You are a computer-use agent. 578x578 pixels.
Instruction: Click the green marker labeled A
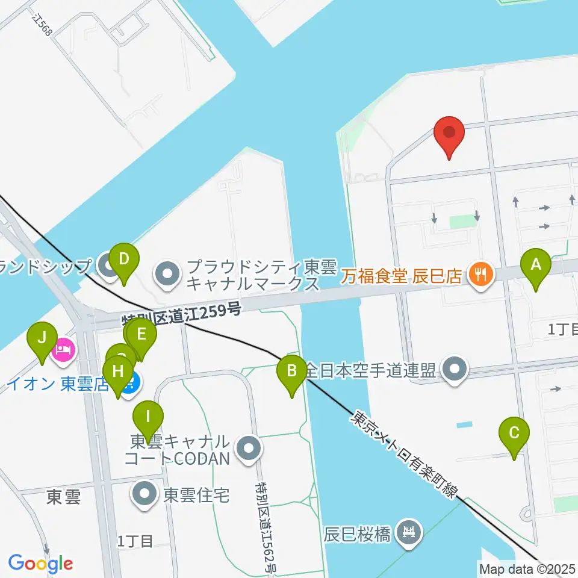[x=536, y=264]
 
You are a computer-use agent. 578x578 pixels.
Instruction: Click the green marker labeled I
[x=148, y=416]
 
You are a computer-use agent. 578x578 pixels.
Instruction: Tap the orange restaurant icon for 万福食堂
[x=480, y=275]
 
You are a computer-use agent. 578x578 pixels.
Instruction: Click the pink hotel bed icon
[x=63, y=349]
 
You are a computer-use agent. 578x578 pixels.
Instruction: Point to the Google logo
[x=40, y=564]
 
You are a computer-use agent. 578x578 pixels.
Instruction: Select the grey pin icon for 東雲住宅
[x=145, y=495]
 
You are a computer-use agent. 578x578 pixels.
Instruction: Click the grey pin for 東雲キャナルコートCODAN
[x=248, y=448]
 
